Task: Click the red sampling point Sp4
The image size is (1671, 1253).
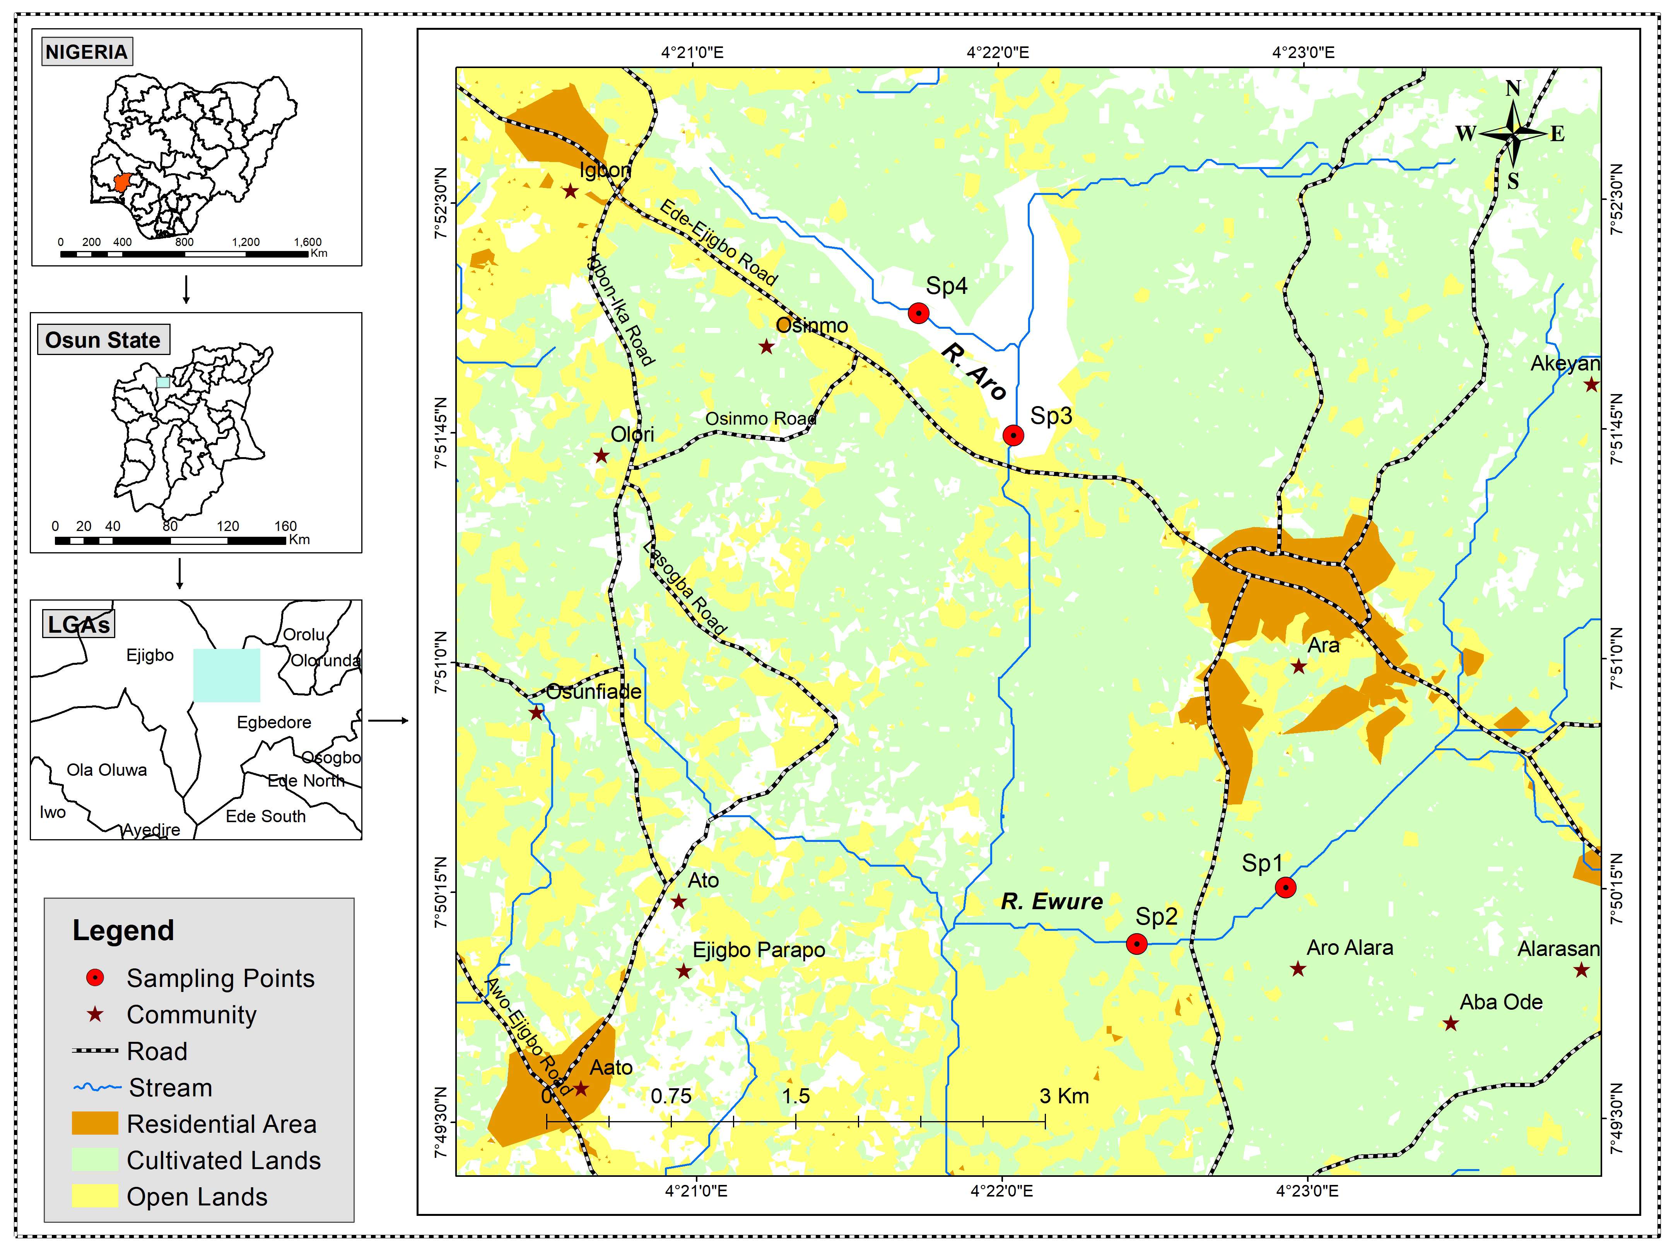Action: [918, 313]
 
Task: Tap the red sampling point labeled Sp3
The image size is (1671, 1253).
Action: [1013, 435]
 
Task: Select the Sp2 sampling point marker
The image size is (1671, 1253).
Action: [1136, 943]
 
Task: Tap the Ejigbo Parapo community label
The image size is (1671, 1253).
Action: [759, 950]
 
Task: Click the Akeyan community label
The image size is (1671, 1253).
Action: [1565, 364]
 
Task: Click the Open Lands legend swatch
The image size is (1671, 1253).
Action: [95, 1197]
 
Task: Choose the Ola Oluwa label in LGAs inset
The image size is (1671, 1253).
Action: [106, 770]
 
